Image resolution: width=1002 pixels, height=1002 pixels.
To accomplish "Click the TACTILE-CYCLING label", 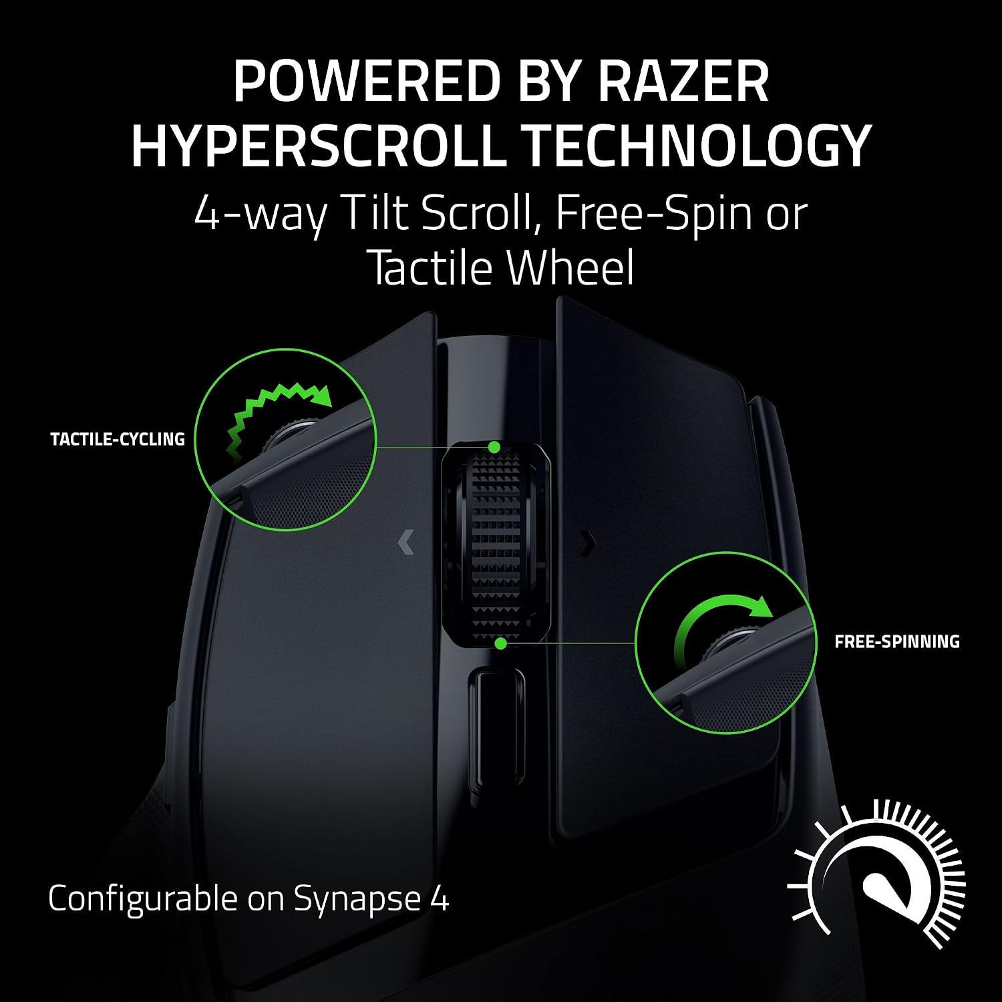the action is coord(118,440).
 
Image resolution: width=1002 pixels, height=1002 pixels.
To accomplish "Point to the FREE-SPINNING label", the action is coord(897,642).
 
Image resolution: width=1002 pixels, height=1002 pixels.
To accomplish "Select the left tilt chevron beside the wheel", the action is coord(405,542).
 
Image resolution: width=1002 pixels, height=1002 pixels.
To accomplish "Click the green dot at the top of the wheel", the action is coord(494,447).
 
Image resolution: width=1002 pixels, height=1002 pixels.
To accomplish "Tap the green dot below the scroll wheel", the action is coord(500,643).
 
